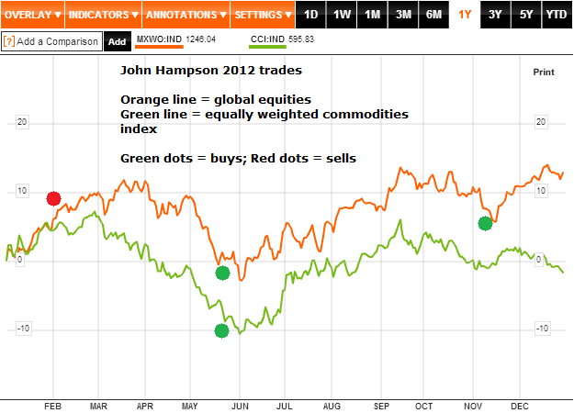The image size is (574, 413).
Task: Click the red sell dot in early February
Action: click(x=54, y=198)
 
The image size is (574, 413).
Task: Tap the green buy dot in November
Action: click(x=486, y=223)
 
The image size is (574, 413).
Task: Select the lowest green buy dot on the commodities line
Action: click(x=221, y=331)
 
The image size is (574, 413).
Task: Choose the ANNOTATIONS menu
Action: click(x=185, y=15)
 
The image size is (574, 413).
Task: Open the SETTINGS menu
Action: click(x=262, y=15)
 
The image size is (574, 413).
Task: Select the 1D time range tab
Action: click(x=311, y=15)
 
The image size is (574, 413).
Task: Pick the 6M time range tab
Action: click(x=433, y=15)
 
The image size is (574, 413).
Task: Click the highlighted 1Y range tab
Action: click(x=465, y=15)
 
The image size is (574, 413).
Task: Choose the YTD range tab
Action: click(x=556, y=15)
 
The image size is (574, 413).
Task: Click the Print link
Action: click(x=544, y=72)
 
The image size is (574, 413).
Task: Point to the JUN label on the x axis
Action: click(x=239, y=405)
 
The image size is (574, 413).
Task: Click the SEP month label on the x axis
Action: click(x=381, y=405)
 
